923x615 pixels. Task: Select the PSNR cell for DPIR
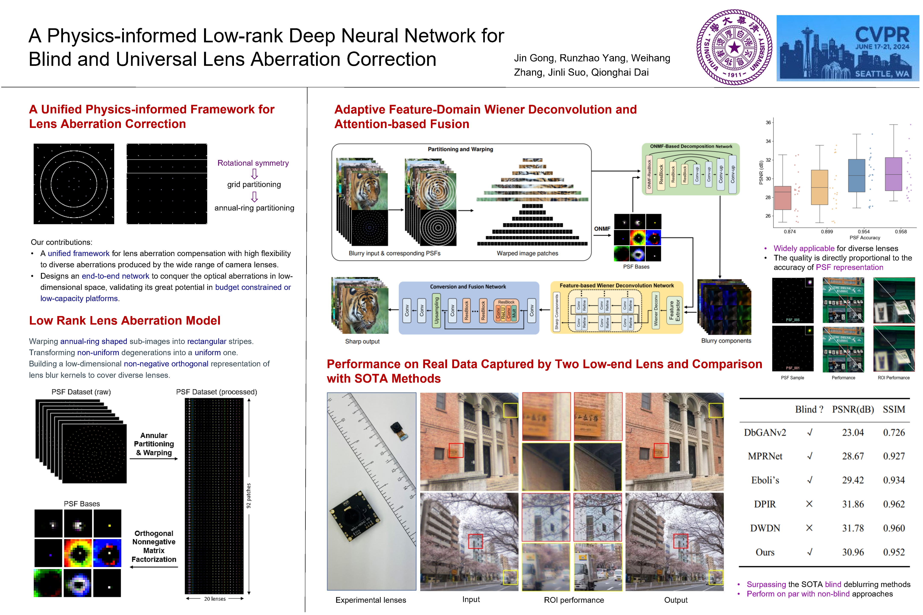tap(853, 504)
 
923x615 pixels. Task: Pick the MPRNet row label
tap(765, 456)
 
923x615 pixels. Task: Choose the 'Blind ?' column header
tap(809, 410)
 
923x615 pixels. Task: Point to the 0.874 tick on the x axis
tap(790, 232)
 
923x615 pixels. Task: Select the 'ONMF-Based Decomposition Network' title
tap(691, 146)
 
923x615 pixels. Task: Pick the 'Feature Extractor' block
tap(674, 310)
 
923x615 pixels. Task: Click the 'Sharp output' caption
tap(362, 341)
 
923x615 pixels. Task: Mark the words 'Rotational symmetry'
tap(253, 163)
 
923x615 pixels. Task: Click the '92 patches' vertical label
tap(248, 496)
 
